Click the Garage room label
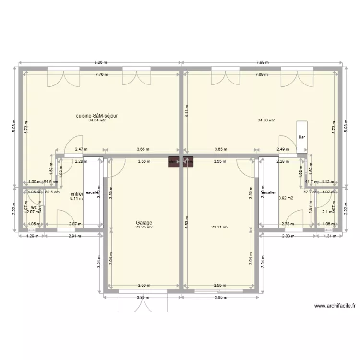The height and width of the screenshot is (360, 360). coord(144,223)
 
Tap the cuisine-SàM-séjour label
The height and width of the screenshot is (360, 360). coord(97,116)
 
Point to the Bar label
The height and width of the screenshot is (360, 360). coord(301,137)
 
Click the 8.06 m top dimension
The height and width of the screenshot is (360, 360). coord(100,62)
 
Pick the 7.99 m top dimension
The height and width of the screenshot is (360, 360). coord(262,62)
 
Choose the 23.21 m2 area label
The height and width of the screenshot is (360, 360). coord(220,227)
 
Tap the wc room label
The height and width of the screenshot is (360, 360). coord(34,208)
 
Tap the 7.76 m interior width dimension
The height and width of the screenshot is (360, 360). coord(101,74)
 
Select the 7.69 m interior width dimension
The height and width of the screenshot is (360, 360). coord(262,74)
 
